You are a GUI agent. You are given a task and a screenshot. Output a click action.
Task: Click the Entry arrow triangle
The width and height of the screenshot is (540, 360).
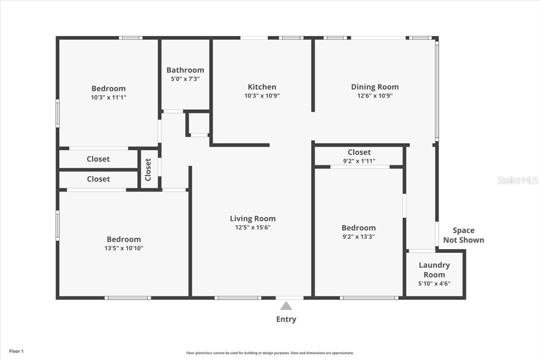click(286, 306)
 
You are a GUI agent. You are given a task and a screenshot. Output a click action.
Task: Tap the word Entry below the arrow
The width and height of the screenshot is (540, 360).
click(286, 319)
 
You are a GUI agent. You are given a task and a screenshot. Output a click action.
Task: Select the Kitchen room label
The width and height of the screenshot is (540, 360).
click(262, 87)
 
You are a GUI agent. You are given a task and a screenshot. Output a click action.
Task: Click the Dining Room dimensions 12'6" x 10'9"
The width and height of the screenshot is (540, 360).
click(375, 96)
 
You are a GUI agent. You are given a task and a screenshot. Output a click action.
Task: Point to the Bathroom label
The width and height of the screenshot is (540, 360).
click(185, 70)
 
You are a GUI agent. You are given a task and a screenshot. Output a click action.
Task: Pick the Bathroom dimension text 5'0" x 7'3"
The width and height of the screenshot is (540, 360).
click(185, 79)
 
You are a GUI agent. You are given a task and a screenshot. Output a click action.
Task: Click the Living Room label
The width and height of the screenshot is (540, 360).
click(252, 219)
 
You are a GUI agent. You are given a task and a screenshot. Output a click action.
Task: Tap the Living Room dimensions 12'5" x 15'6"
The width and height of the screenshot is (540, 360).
click(252, 227)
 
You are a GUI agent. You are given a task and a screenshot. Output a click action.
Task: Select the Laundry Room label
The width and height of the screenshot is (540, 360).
click(434, 270)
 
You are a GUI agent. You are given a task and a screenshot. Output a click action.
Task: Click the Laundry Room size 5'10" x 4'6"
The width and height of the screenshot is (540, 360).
click(434, 283)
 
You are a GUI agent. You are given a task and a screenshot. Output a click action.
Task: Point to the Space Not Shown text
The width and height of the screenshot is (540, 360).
click(463, 235)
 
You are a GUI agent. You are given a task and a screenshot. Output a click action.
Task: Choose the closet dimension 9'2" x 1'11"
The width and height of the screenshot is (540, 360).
click(359, 161)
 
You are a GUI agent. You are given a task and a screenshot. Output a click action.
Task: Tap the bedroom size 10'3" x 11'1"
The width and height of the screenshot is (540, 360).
click(108, 97)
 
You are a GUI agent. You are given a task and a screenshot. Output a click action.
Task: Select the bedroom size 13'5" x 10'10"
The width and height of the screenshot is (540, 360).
click(124, 248)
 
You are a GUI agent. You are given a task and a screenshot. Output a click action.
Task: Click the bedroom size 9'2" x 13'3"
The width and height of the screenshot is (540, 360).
click(358, 237)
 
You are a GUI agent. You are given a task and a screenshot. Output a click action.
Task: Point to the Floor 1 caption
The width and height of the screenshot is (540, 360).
click(16, 351)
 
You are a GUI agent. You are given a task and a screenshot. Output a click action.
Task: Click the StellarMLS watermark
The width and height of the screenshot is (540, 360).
click(517, 180)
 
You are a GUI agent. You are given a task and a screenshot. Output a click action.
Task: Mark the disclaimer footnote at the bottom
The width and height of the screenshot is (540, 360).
click(270, 353)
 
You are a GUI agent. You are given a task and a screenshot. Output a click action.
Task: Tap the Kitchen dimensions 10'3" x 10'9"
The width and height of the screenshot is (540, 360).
click(262, 96)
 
